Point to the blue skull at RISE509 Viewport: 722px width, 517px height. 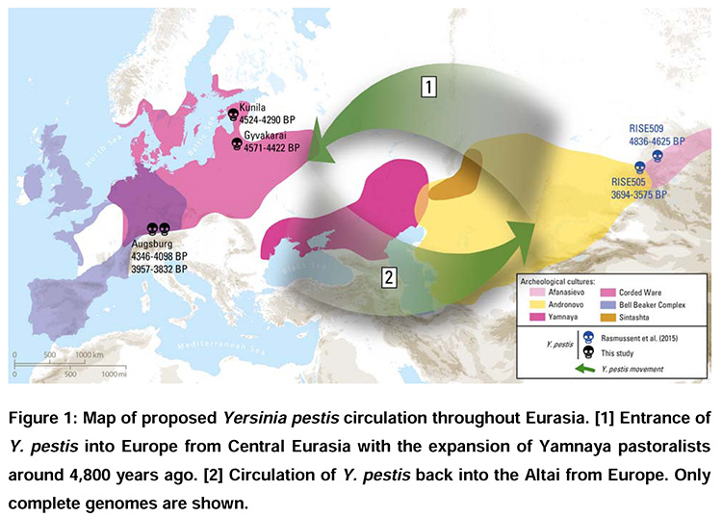tap(658, 154)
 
